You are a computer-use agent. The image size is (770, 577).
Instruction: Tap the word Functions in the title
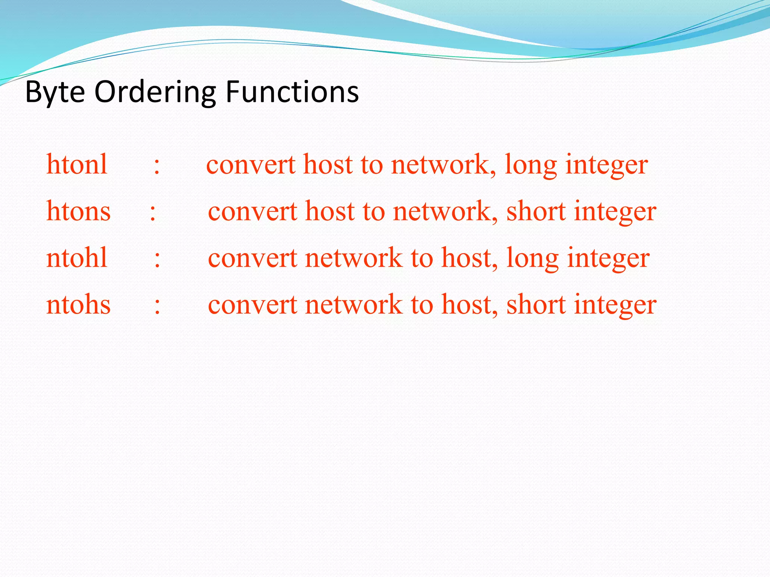coord(292,92)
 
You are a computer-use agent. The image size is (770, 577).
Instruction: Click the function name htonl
coord(77,165)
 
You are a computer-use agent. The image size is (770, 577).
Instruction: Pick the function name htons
coord(78,211)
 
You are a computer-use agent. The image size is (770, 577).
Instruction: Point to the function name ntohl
coord(77,258)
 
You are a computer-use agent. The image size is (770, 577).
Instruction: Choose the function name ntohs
coord(78,304)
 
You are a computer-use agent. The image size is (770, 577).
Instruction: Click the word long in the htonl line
coord(531,165)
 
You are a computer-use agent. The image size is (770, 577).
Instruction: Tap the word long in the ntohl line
coord(532,258)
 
